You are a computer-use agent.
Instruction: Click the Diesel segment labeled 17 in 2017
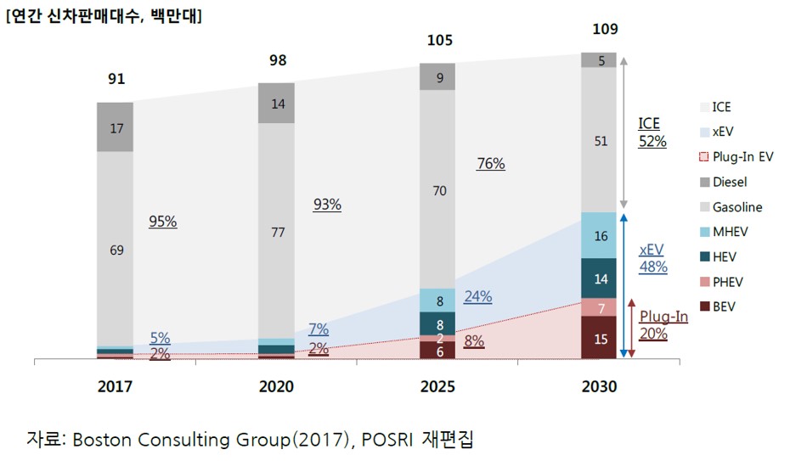coord(116,127)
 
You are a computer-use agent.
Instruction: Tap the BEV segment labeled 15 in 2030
coord(601,339)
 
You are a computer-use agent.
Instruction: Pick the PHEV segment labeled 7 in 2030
coord(601,307)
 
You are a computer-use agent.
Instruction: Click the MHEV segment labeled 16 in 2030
coord(601,236)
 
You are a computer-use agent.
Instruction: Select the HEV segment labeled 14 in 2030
coord(601,278)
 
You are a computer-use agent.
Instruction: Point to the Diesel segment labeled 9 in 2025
coord(438,77)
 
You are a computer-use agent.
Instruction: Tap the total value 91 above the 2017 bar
coord(116,79)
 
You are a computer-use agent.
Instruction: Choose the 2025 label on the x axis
coord(437,386)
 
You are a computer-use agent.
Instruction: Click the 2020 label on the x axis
coord(276,386)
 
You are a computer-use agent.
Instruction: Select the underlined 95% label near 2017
coord(162,221)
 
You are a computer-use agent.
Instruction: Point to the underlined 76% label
coord(491,164)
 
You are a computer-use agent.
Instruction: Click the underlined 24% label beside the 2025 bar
coord(477,297)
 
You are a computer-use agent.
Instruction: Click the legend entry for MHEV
coord(731,232)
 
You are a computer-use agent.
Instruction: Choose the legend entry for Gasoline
coord(737,207)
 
